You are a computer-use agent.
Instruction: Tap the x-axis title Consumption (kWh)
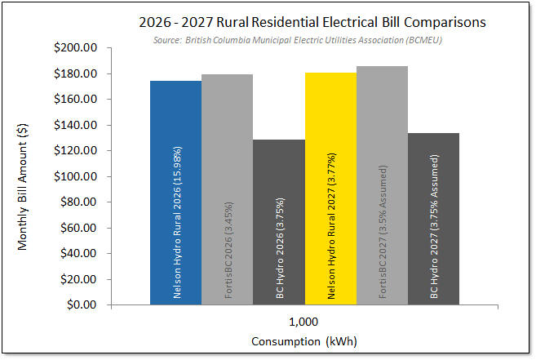[304, 340]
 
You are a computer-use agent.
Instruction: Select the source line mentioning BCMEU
[303, 40]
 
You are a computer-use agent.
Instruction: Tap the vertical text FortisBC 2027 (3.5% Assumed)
[383, 233]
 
